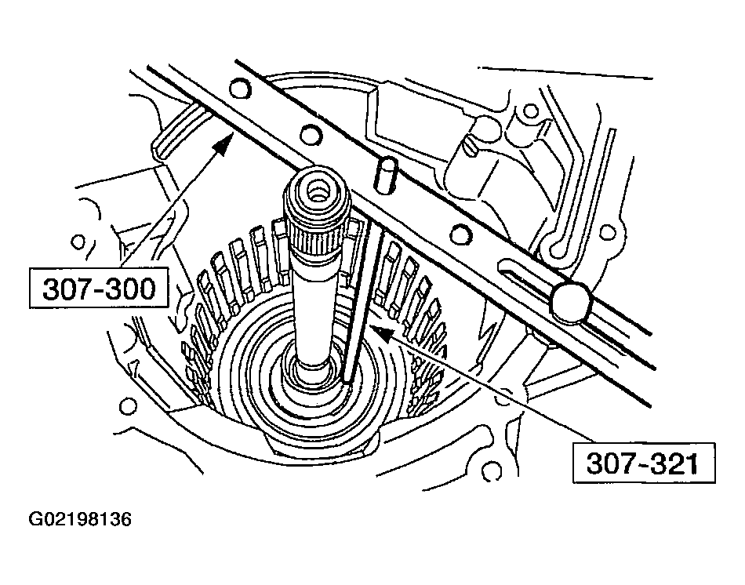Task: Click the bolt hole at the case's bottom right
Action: [492, 472]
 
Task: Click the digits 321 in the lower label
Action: [672, 464]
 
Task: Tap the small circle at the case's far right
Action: [608, 232]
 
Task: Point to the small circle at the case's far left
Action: [77, 239]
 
